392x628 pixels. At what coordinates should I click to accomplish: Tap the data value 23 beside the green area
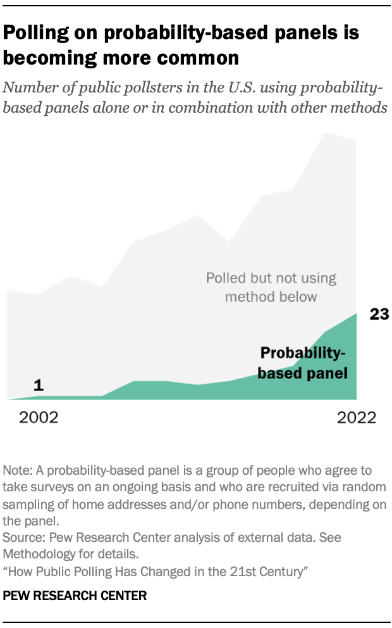[x=379, y=315]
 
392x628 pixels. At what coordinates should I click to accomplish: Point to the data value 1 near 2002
[x=38, y=385]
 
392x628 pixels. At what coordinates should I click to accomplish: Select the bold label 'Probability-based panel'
[x=303, y=363]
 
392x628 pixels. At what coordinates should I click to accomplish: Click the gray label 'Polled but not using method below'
[x=271, y=287]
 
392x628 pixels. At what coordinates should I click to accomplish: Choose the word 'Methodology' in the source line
[x=40, y=553]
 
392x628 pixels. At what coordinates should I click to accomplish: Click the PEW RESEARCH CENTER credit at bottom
[x=75, y=595]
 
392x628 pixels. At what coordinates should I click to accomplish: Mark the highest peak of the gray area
[x=326, y=133]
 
